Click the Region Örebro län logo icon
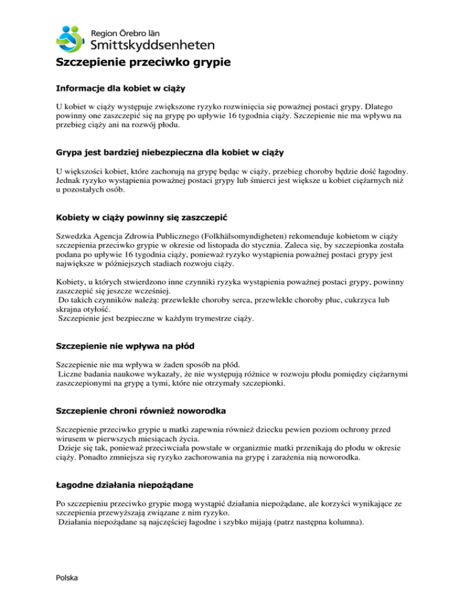(x=72, y=39)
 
